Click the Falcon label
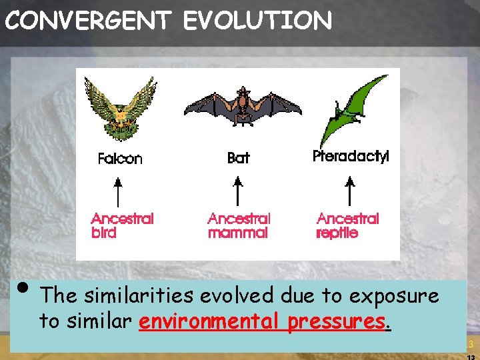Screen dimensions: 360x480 (x=120, y=159)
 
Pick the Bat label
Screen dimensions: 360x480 (x=238, y=158)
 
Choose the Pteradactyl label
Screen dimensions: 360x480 (x=351, y=156)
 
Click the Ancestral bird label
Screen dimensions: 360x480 (x=122, y=225)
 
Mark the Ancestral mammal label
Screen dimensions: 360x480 (x=239, y=225)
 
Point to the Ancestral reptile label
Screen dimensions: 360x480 (x=347, y=225)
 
